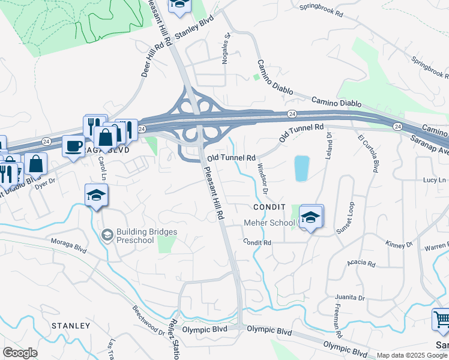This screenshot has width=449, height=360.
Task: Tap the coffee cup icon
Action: [74, 146]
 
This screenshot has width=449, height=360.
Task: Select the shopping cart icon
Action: [441, 320]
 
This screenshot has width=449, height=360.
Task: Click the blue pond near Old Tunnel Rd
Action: [302, 168]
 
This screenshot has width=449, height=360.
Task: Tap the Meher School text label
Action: [269, 223]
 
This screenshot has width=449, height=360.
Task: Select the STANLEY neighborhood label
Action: [70, 326]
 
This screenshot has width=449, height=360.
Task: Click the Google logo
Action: [20, 353]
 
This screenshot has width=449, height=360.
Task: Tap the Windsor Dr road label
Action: [262, 178]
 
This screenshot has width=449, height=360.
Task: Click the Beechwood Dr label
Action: [149, 323]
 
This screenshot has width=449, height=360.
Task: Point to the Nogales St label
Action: [228, 45]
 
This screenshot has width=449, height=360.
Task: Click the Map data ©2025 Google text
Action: [412, 355]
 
